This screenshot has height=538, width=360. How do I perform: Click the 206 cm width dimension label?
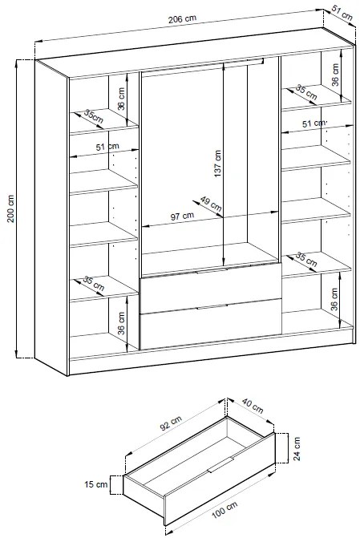(182, 19)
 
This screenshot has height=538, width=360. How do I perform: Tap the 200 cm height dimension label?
(10, 208)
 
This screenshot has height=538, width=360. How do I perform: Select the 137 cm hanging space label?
(218, 164)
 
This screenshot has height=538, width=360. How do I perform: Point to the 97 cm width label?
(182, 216)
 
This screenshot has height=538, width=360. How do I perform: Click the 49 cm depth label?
(210, 204)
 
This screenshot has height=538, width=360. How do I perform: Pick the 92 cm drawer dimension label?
(171, 423)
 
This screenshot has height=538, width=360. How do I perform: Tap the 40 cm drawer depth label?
(253, 406)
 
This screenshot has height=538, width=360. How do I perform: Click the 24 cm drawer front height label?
(297, 448)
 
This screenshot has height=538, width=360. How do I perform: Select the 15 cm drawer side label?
(96, 484)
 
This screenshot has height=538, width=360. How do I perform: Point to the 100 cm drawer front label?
(224, 509)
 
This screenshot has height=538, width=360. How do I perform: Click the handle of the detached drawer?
(220, 465)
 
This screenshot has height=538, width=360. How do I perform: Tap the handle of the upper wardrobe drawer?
(212, 271)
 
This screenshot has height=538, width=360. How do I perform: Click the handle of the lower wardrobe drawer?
(212, 307)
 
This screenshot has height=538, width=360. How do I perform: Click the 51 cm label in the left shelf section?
(107, 147)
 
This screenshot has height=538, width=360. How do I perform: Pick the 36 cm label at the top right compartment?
(335, 75)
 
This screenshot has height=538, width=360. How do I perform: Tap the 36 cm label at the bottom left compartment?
(121, 323)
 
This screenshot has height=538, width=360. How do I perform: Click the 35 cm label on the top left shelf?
(94, 116)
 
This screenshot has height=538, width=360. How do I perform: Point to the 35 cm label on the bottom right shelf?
(306, 259)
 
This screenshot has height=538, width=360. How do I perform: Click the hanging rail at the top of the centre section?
(203, 63)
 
